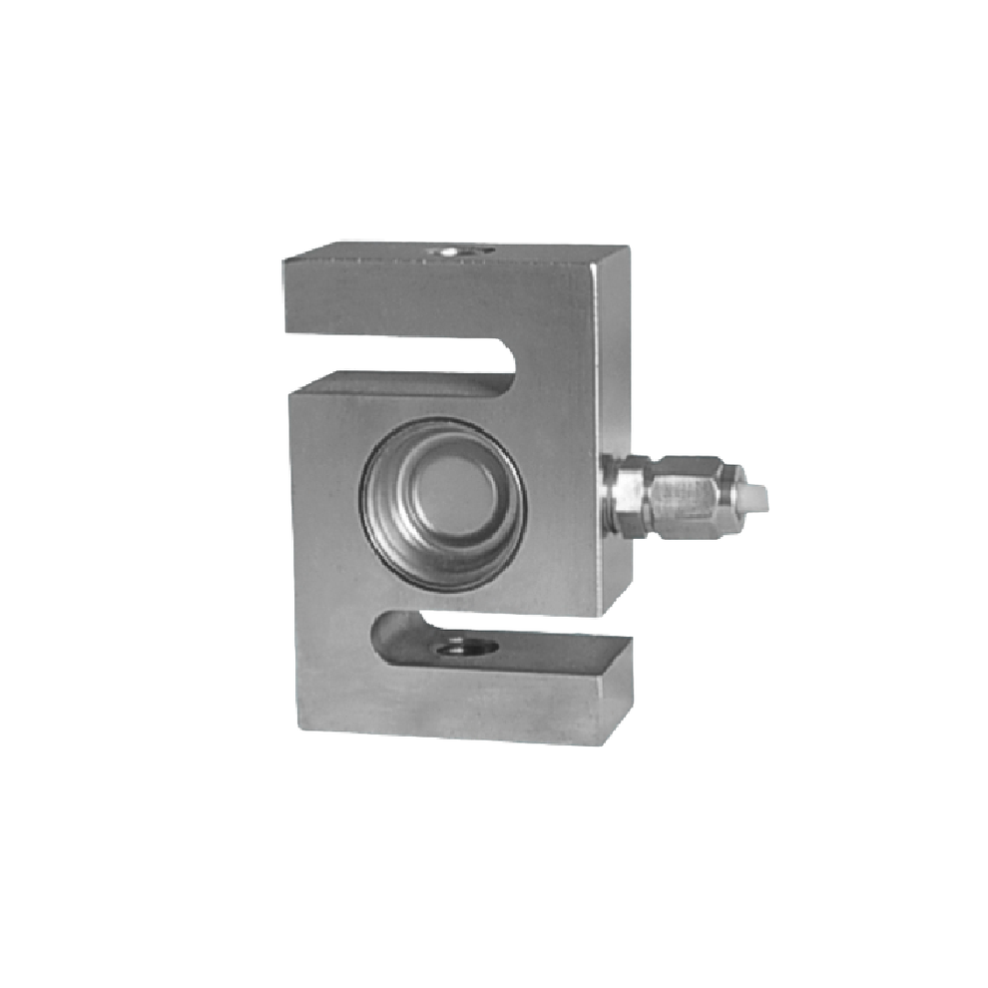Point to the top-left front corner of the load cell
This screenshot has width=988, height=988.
point(284,261)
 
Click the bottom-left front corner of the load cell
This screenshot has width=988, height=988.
point(300,723)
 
